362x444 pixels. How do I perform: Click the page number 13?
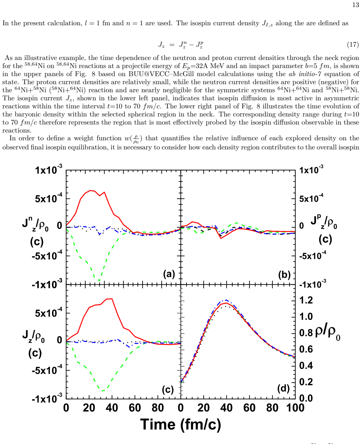tap(356, 5)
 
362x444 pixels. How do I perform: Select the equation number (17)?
tap(353, 45)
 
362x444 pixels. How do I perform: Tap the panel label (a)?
tap(169, 274)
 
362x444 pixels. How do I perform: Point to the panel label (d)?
tap(283, 388)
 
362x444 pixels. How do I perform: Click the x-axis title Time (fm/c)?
tap(181, 425)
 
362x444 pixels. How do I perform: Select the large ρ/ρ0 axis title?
tap(328, 333)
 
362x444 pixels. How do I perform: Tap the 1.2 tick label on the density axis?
tap(306, 300)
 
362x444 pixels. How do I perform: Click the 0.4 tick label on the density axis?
tap(306, 365)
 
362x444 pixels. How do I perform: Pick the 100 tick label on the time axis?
tap(295, 408)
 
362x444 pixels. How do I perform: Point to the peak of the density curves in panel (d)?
tap(226, 300)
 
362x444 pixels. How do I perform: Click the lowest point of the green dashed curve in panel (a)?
tap(99, 280)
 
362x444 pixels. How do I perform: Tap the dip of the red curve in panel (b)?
tap(221, 238)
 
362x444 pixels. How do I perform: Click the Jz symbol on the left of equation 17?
tap(161, 45)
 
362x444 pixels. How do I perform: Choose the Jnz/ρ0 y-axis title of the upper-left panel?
tap(35, 224)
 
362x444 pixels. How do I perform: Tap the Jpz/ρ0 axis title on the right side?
tap(324, 222)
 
